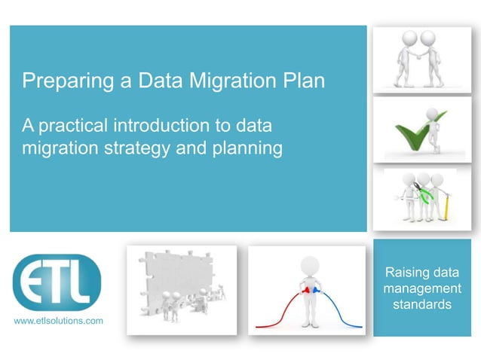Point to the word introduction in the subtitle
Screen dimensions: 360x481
(x=180, y=125)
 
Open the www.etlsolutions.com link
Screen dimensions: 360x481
(x=59, y=322)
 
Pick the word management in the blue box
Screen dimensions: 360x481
(x=421, y=288)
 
